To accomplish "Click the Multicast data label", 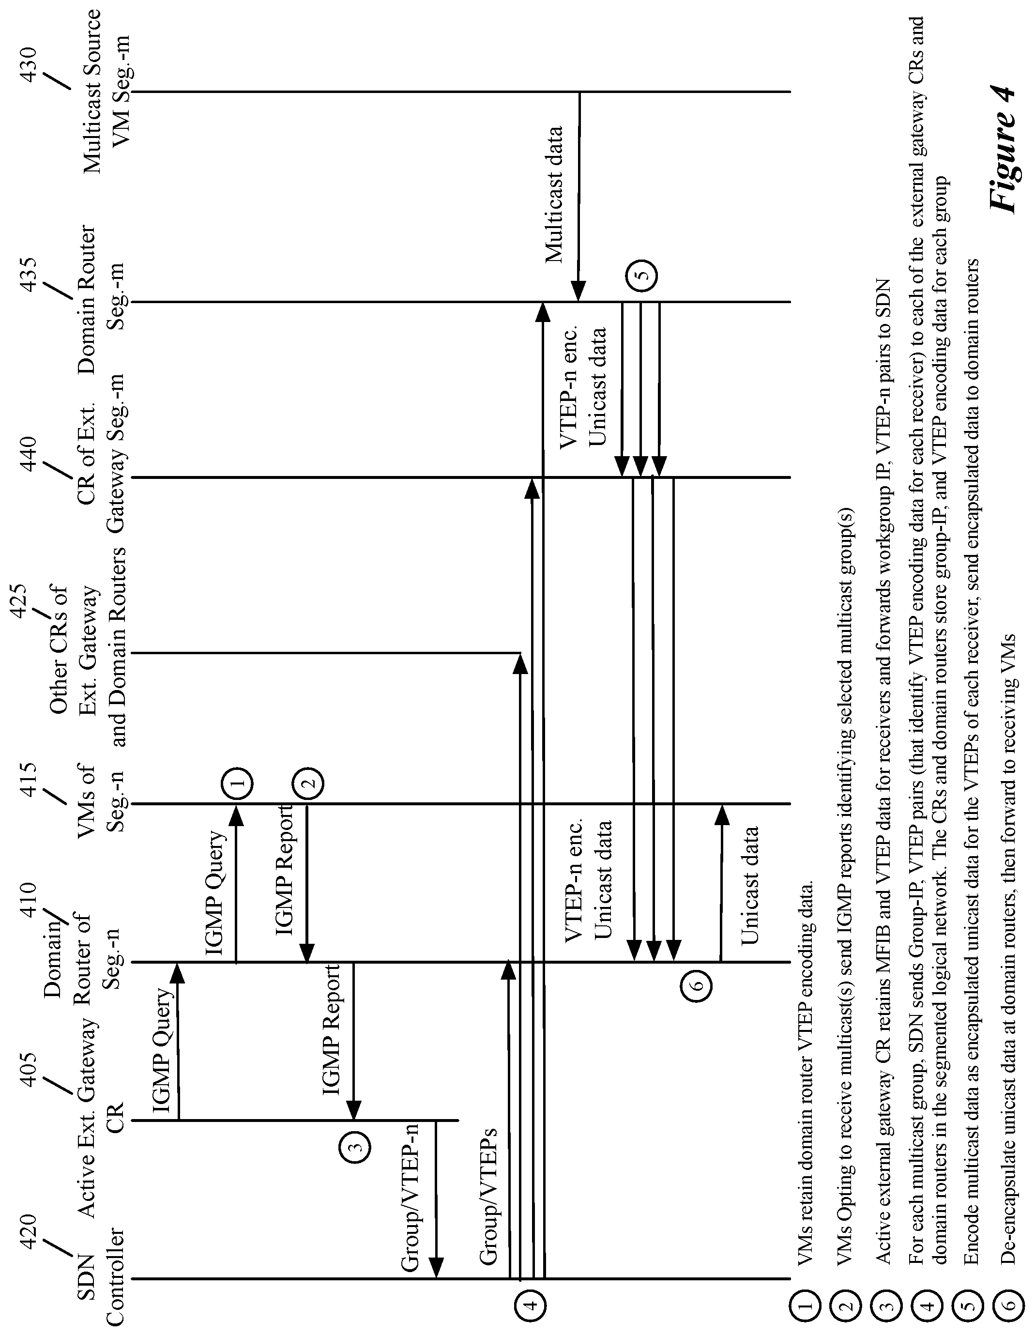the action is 554,195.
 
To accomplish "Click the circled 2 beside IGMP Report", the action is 308,783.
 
